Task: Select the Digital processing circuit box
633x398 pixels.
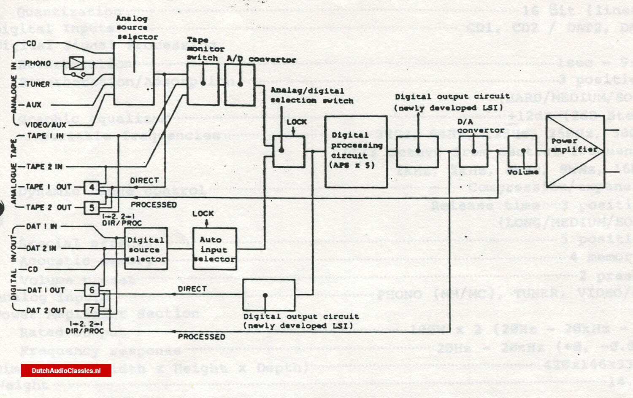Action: pyautogui.click(x=356, y=152)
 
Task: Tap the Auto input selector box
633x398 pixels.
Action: pyautogui.click(x=214, y=249)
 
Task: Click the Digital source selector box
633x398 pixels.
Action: pyautogui.click(x=146, y=249)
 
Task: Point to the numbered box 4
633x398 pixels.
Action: pyautogui.click(x=92, y=187)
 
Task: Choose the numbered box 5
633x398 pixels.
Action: pyautogui.click(x=92, y=207)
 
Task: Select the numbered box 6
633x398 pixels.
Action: pyautogui.click(x=92, y=290)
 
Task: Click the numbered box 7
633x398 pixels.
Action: pyautogui.click(x=92, y=310)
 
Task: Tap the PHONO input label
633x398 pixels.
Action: pyautogui.click(x=38, y=64)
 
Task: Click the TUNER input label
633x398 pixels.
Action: pyautogui.click(x=38, y=84)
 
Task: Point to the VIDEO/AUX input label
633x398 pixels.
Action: pyautogui.click(x=46, y=125)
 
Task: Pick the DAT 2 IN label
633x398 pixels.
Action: pyautogui.click(x=41, y=248)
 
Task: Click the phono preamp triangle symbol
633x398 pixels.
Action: pyautogui.click(x=76, y=63)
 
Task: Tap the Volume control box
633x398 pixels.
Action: pyautogui.click(x=522, y=151)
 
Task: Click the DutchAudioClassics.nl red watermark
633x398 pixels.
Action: pyautogui.click(x=66, y=371)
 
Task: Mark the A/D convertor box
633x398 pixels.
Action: pyautogui.click(x=240, y=85)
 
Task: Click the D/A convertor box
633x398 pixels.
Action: pyautogui.click(x=473, y=151)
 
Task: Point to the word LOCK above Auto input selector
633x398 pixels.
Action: pyautogui.click(x=203, y=214)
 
